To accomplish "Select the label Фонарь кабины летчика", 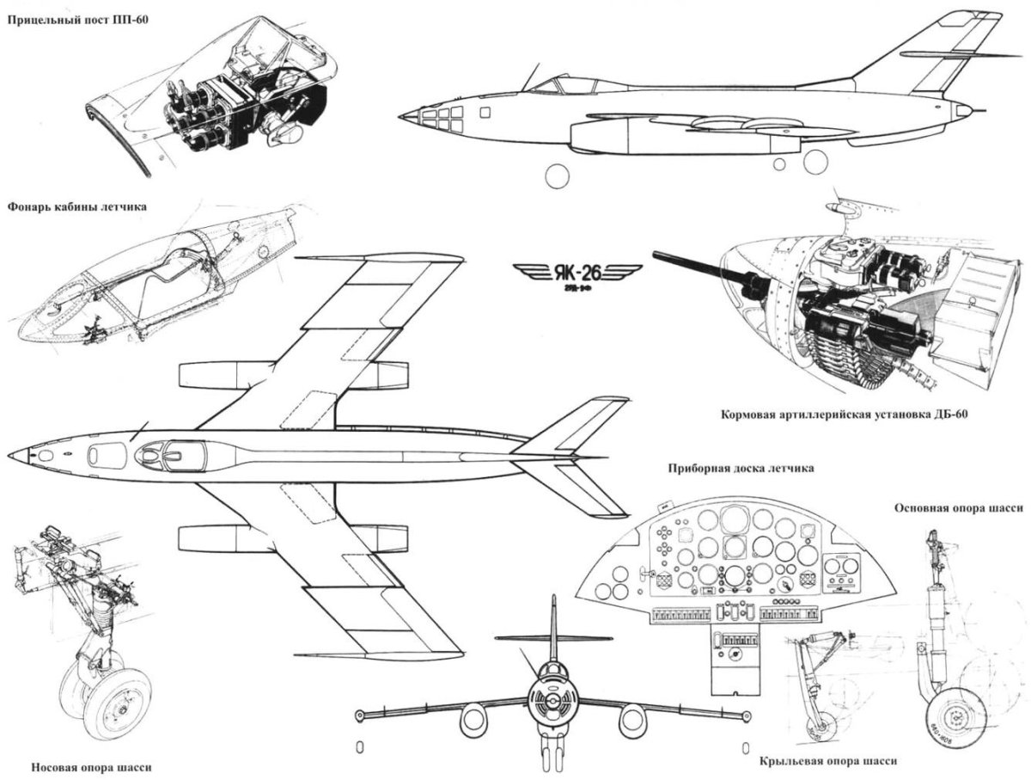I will [x=76, y=206].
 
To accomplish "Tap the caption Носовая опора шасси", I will [x=82, y=768].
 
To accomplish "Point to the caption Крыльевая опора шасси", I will [x=829, y=761].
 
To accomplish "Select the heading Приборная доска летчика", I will [x=740, y=470].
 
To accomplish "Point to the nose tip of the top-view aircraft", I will [x=13, y=455].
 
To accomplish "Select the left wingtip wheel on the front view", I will [x=360, y=716].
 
